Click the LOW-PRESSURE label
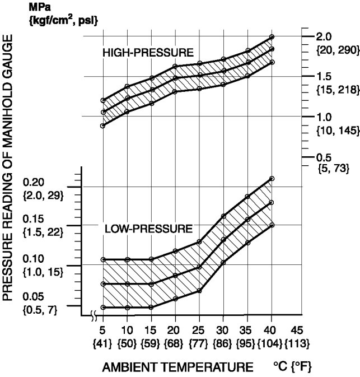pos(148,229)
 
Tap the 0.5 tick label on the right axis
pos(325,157)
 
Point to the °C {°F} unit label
pos(293,367)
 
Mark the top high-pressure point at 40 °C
pos(272,37)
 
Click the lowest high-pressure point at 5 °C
pos(103,126)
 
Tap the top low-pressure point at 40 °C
pos(272,179)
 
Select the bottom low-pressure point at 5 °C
pos(103,308)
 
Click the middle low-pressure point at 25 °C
pos(200,267)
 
